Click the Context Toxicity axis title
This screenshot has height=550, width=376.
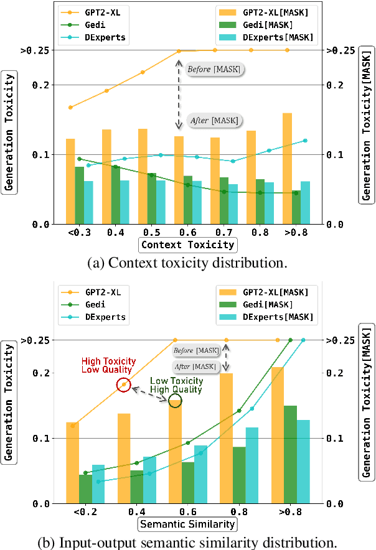click(187, 244)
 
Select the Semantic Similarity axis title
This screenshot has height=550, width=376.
click(187, 524)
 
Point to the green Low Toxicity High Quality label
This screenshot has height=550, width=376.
click(176, 385)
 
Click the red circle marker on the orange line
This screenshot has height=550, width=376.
click(124, 385)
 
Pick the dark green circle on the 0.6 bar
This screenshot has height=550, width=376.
click(175, 401)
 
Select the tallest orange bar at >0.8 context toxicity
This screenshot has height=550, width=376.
click(287, 168)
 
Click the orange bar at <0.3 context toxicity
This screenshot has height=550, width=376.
click(70, 181)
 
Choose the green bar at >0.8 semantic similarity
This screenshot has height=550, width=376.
click(291, 454)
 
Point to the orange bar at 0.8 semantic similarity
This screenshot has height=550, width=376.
click(227, 438)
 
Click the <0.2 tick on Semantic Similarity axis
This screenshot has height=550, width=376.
click(86, 511)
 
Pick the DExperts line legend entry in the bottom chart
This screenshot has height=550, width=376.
click(93, 317)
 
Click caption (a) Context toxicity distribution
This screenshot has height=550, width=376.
click(187, 263)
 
